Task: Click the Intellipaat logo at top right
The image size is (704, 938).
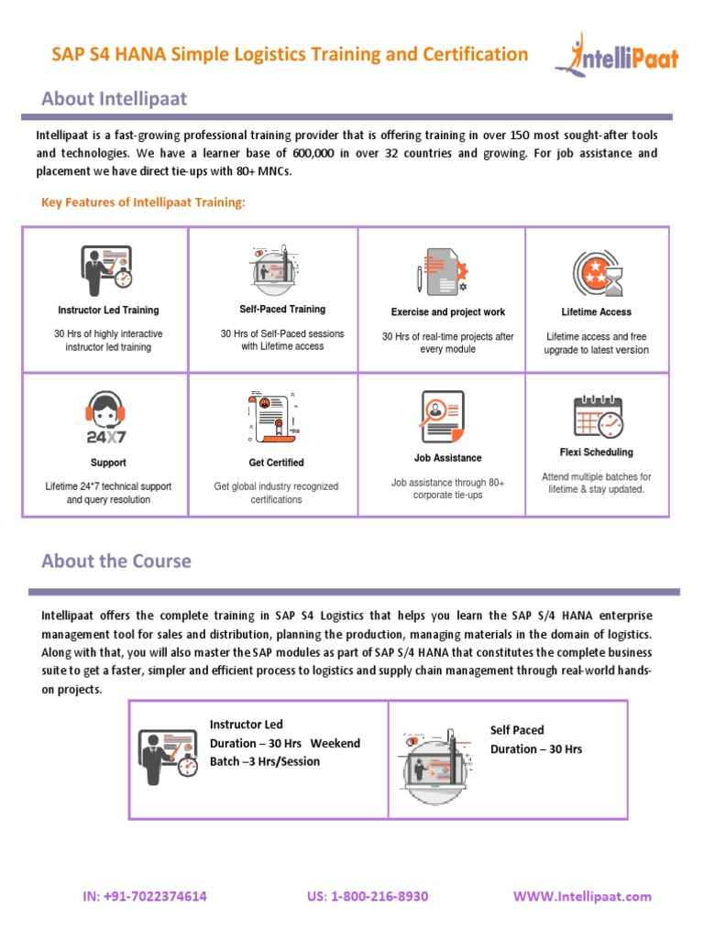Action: click(616, 55)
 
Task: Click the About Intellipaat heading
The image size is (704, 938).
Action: click(115, 98)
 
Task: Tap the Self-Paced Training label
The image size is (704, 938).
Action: click(282, 310)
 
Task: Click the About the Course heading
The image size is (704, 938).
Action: click(116, 561)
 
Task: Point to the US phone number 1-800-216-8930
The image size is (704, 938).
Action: click(368, 896)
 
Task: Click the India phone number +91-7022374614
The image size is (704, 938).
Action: click(145, 896)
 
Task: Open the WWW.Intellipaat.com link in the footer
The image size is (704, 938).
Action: click(582, 896)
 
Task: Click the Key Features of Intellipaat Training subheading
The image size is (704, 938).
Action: click(144, 202)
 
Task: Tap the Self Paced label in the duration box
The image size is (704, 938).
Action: click(517, 730)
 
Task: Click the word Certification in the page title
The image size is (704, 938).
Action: click(475, 54)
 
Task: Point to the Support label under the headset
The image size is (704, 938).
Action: click(108, 463)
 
